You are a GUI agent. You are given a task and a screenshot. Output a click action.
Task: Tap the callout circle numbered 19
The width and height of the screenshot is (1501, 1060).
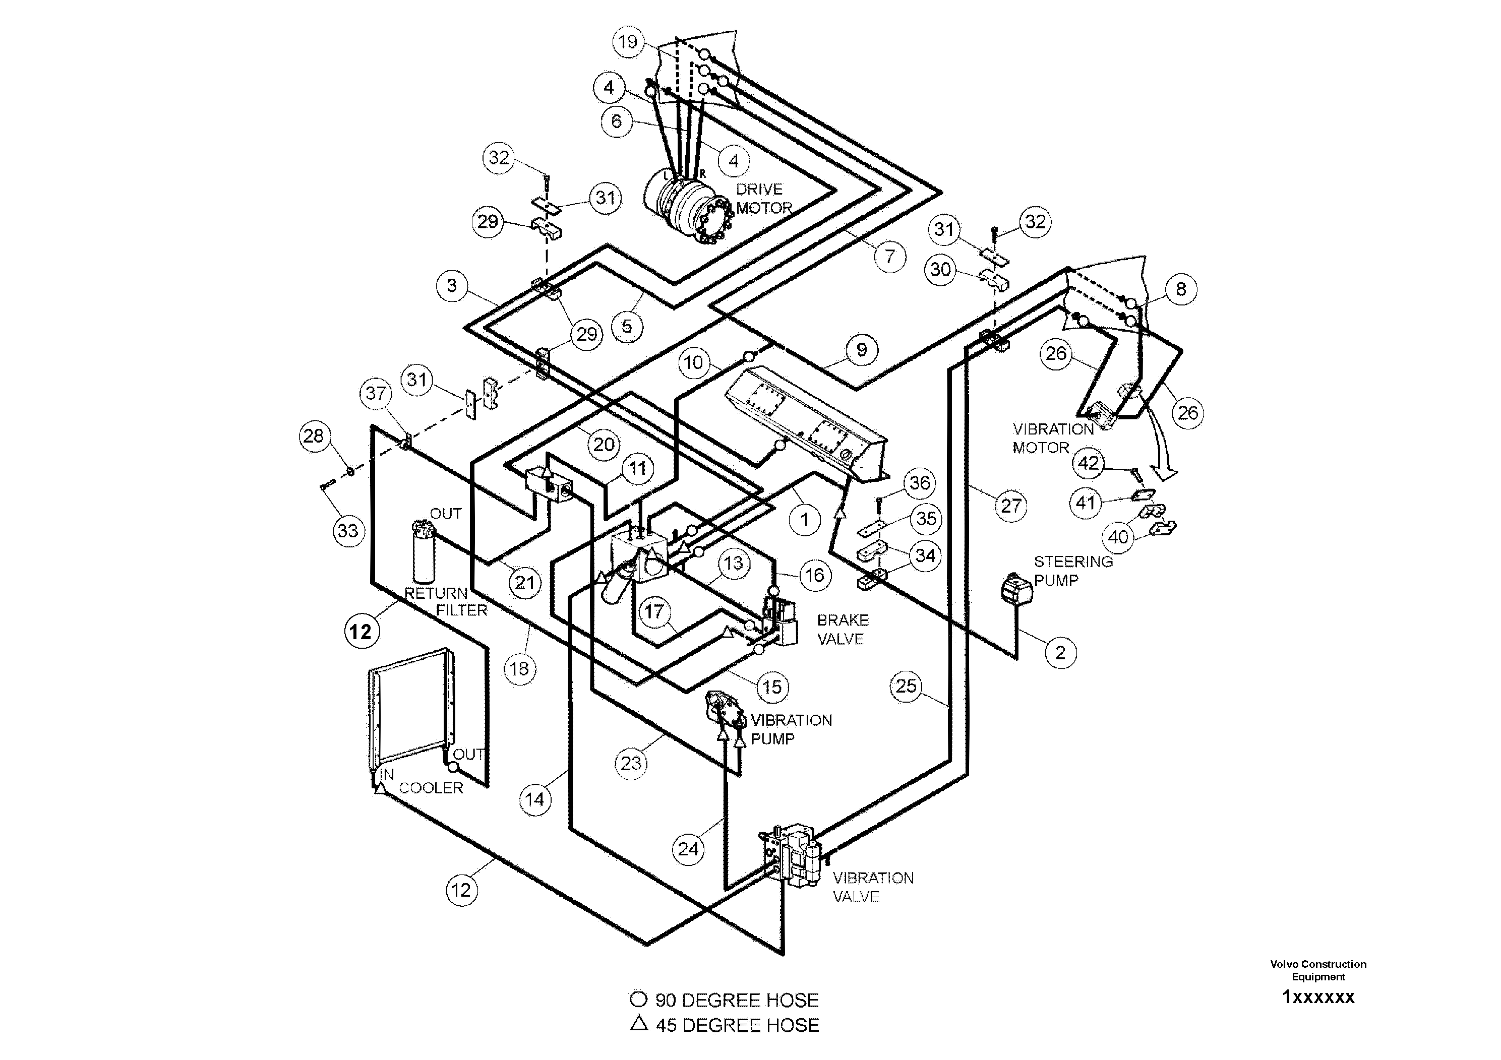628,42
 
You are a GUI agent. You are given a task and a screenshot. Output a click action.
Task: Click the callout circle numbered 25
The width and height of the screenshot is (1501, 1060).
906,686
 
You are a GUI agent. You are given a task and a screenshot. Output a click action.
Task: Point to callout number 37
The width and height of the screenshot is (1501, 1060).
376,394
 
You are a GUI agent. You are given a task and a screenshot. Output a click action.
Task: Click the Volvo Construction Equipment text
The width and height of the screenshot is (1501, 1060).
1318,970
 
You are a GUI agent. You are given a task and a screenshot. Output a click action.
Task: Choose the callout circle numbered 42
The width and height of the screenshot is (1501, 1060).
1089,463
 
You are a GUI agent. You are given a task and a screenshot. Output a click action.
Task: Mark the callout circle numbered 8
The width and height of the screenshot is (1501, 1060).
1181,289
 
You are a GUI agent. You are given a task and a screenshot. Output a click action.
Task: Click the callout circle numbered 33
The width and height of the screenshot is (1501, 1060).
348,530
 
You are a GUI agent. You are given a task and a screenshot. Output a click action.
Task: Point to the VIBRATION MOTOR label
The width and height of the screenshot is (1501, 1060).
1053,438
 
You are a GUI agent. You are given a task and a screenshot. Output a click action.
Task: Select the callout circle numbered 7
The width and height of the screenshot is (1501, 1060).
890,256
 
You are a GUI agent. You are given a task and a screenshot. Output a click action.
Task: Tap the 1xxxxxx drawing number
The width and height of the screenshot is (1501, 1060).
1318,997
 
